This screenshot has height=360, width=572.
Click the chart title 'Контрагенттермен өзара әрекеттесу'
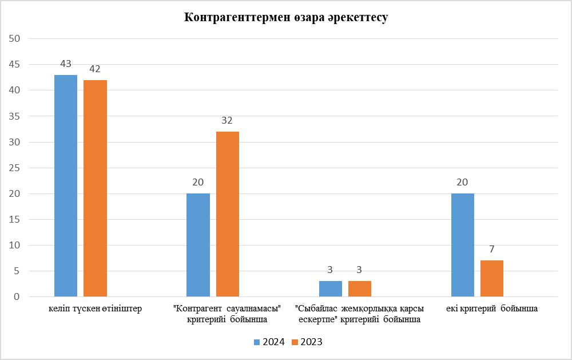point(286,18)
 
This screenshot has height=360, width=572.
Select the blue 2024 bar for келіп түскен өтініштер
point(66,186)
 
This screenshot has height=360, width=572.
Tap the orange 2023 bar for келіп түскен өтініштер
point(95,188)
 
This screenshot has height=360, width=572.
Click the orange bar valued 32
point(228,214)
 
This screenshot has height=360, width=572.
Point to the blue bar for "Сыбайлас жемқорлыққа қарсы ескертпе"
point(331,289)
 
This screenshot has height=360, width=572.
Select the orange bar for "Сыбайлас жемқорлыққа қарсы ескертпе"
point(360,289)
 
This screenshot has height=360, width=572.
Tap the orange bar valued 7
point(492,279)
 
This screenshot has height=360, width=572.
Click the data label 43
point(66,64)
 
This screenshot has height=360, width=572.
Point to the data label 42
point(95,69)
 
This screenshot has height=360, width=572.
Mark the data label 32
point(228,121)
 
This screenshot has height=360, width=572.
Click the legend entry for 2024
point(269,342)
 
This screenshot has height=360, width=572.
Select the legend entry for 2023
point(307,342)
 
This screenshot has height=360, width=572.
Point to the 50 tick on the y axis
point(14,39)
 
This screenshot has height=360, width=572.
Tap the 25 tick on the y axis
point(14,168)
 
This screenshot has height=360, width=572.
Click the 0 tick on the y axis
point(17,297)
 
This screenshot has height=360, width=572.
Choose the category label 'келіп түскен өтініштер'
point(95,308)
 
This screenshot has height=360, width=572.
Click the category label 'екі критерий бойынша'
point(492,308)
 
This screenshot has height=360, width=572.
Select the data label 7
point(492,250)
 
